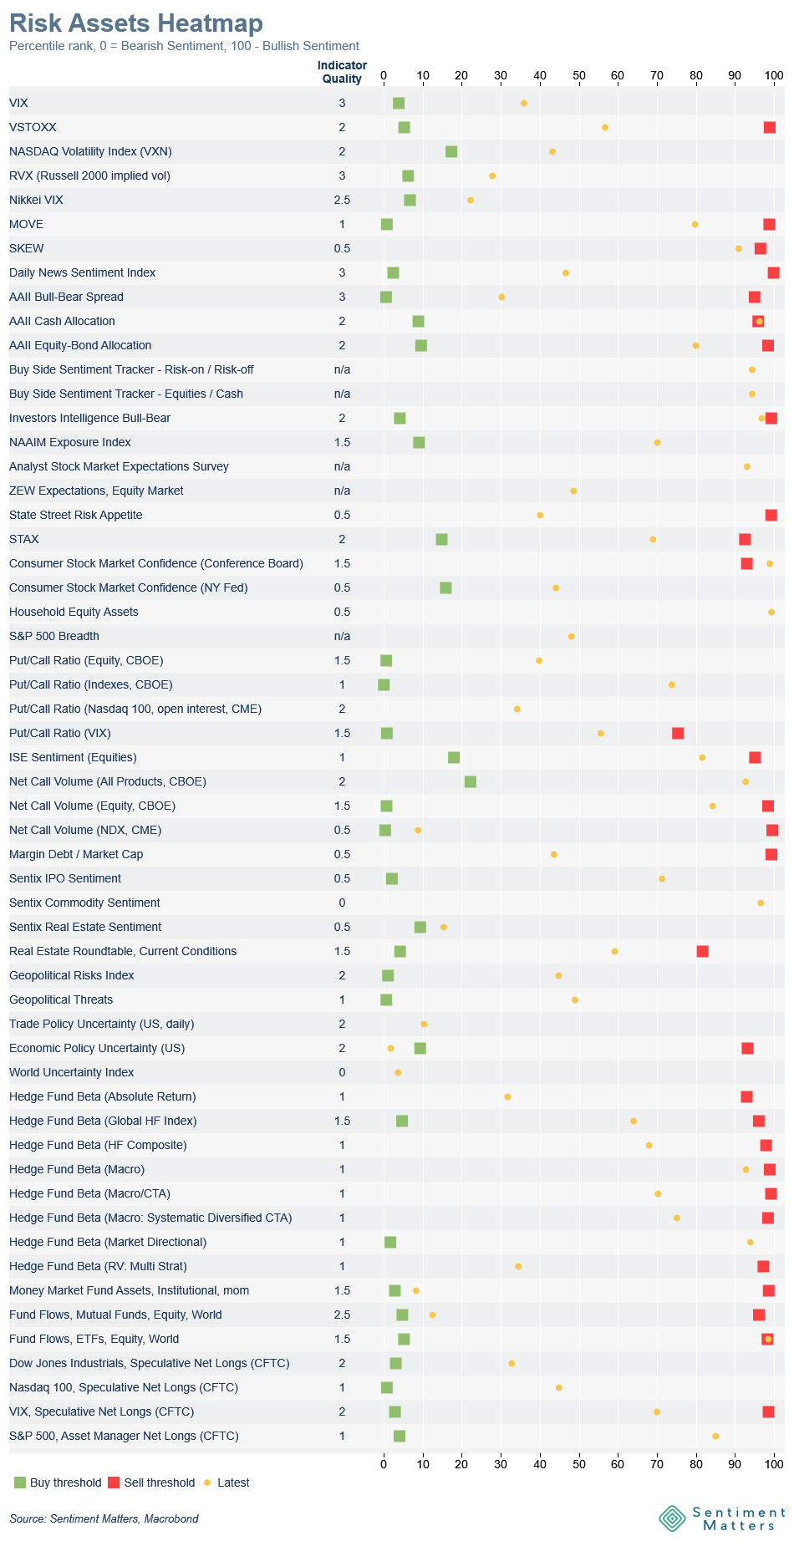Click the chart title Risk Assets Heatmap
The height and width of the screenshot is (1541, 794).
(x=135, y=23)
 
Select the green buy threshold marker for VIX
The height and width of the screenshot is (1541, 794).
(x=399, y=104)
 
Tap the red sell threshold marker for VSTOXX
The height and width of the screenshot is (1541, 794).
(x=770, y=128)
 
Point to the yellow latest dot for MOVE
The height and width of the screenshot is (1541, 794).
(x=695, y=225)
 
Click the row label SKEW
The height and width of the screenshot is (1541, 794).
(x=27, y=248)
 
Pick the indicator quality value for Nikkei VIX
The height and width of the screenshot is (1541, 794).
(x=342, y=200)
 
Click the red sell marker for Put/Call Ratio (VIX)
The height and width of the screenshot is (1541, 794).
(x=678, y=734)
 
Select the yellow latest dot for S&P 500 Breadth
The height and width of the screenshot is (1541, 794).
(x=572, y=637)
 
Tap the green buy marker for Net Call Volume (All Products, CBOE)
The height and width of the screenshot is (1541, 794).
(x=471, y=782)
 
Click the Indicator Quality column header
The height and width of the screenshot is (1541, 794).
(x=342, y=72)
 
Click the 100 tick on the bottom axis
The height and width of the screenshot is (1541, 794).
(x=774, y=1458)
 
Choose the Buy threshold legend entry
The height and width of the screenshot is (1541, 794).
(x=58, y=1483)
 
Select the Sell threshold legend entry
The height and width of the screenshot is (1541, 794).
(x=151, y=1483)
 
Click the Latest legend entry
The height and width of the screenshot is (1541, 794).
(x=226, y=1483)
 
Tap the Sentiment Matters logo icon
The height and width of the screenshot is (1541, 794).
(x=672, y=1518)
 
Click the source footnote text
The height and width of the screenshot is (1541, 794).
(x=104, y=1518)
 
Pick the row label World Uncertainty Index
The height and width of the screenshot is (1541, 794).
(x=72, y=1072)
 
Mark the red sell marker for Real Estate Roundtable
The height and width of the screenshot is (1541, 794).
(x=703, y=952)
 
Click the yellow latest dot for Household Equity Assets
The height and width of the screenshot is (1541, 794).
(x=771, y=613)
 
